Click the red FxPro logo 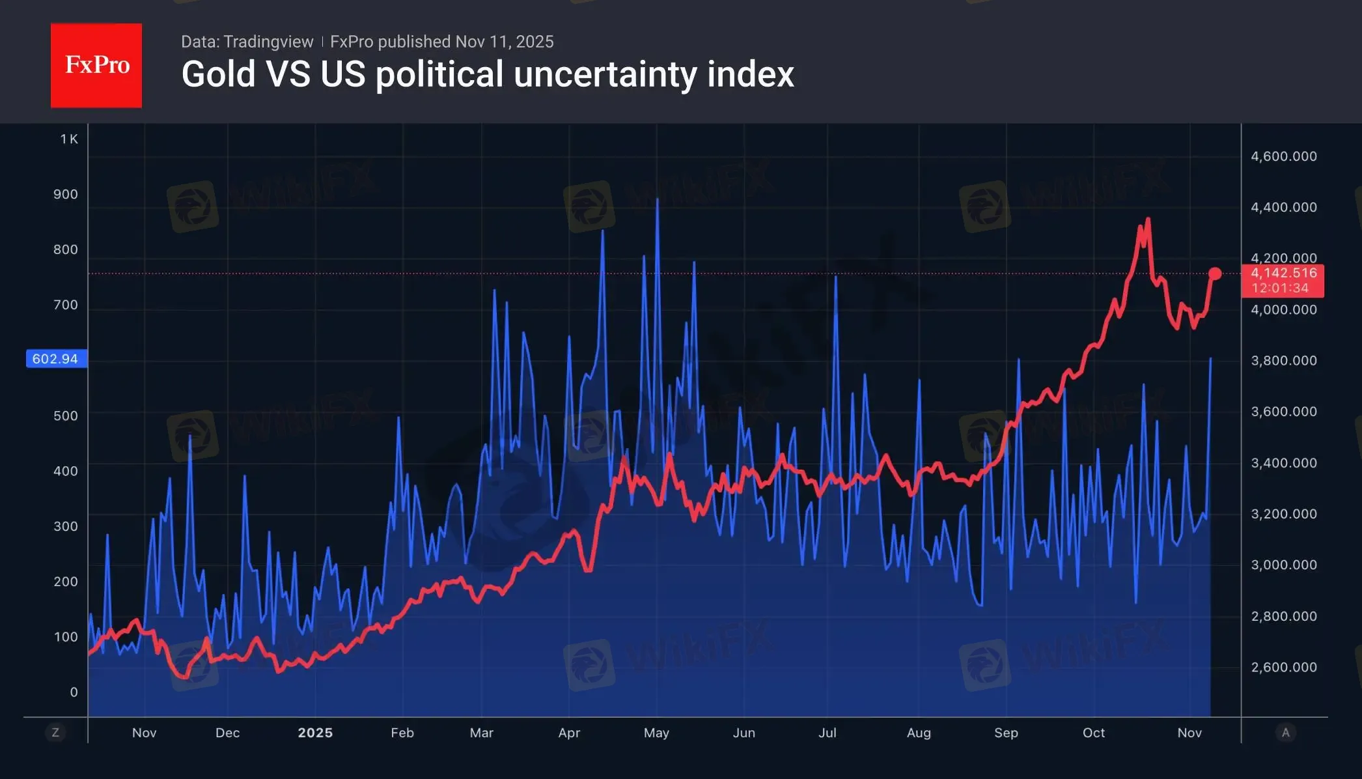[x=96, y=65]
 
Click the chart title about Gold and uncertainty [x=487, y=74]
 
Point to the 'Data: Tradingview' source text [x=247, y=42]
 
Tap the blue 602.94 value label [x=56, y=359]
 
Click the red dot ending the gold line [x=1215, y=274]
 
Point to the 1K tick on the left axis [x=69, y=139]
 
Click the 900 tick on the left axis [x=65, y=194]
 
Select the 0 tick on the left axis [x=74, y=692]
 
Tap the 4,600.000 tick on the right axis [x=1283, y=156]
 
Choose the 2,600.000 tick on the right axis [x=1283, y=667]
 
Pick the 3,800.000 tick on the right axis [x=1283, y=360]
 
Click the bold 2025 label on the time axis [x=315, y=733]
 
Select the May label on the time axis [x=656, y=733]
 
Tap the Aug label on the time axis [x=919, y=733]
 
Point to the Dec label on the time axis [x=227, y=733]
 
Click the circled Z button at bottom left [x=55, y=733]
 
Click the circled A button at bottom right [x=1285, y=733]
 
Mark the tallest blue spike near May [x=658, y=199]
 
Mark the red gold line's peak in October [x=1148, y=219]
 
